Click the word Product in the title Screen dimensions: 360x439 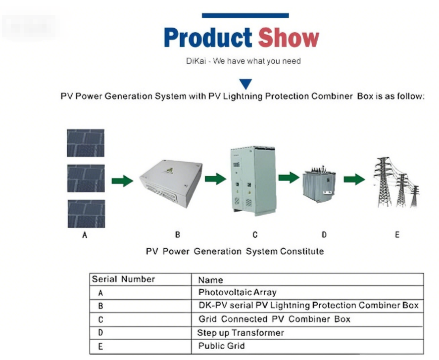[x=207, y=38]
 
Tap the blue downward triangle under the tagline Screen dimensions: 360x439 [x=245, y=84]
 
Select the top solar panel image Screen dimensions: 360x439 [x=86, y=143]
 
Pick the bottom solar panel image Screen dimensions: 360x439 [x=86, y=214]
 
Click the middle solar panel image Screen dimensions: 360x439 [x=86, y=179]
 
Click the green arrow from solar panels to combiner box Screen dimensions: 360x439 [x=122, y=181]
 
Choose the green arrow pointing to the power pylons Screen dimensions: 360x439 [x=354, y=179]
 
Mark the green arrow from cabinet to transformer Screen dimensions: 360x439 [x=289, y=178]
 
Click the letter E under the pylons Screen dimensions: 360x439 [x=397, y=235]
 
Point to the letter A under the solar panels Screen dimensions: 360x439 [x=85, y=235]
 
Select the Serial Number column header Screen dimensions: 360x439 [x=123, y=279]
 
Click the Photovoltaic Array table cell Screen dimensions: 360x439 [x=237, y=293]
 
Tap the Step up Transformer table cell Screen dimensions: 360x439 [x=241, y=333]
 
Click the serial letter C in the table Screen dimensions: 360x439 [x=100, y=320]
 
